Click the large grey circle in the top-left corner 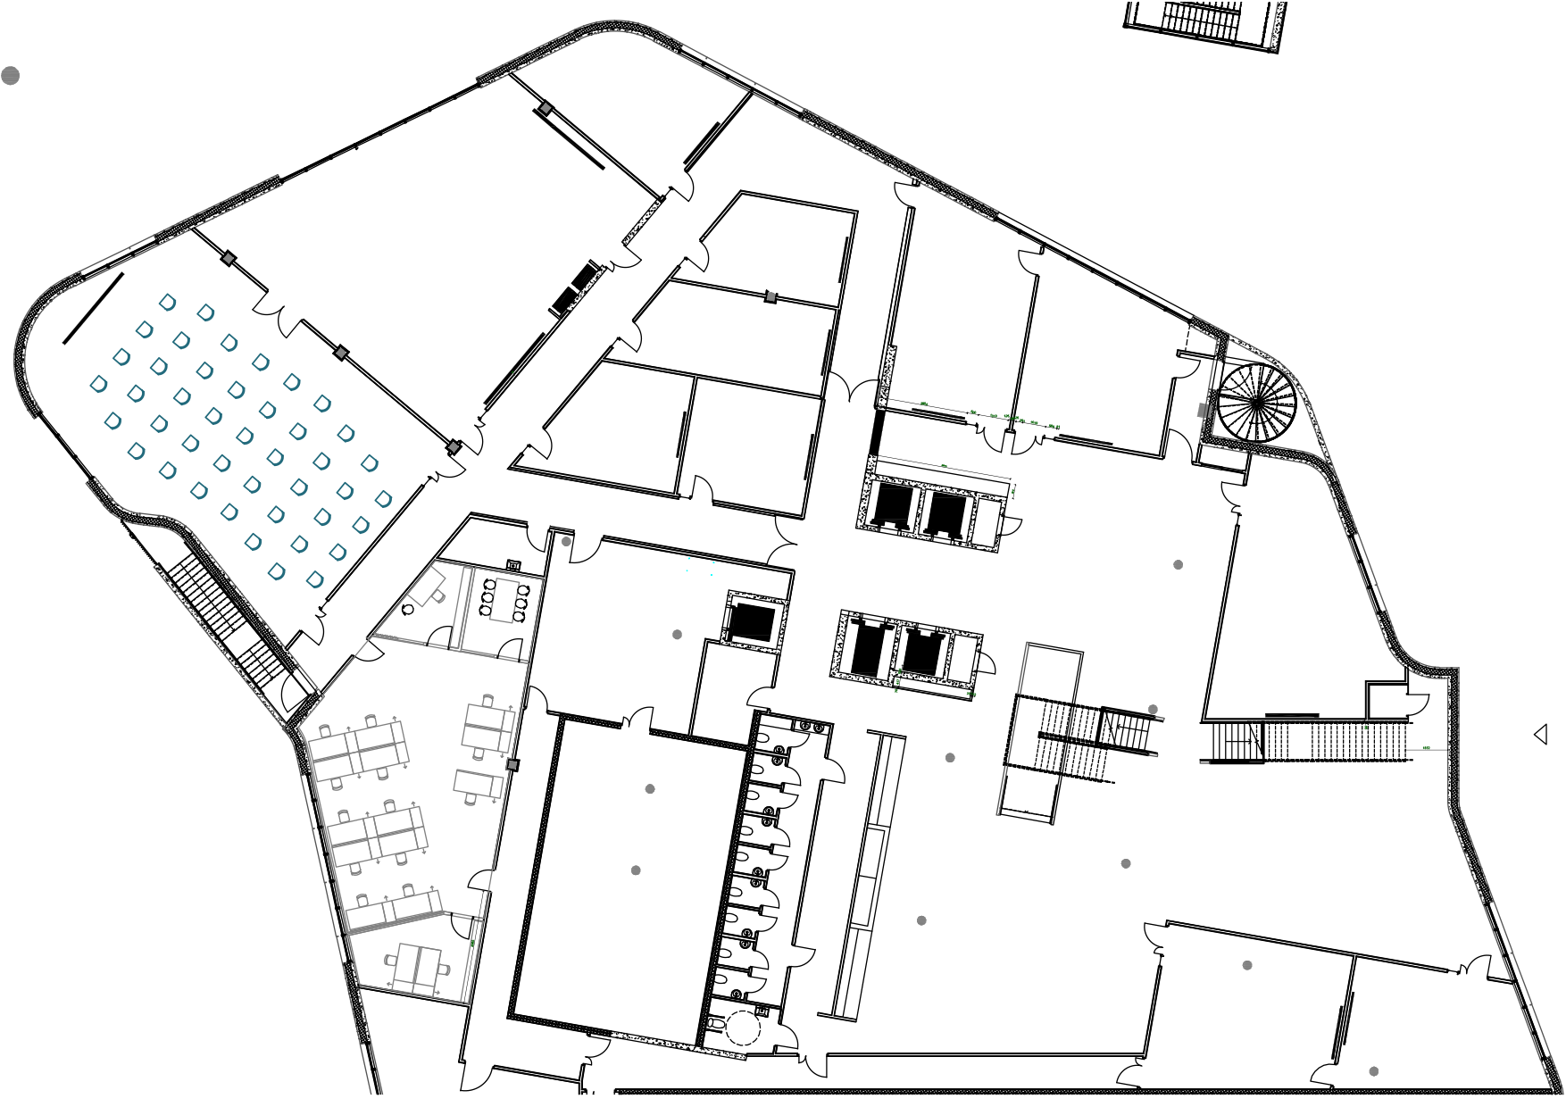(10, 76)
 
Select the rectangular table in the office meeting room (504, 601)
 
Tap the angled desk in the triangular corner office (427, 586)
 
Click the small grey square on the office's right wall (512, 765)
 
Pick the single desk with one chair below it (479, 785)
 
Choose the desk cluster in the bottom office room (418, 969)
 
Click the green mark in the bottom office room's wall (471, 942)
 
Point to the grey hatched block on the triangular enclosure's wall (1204, 410)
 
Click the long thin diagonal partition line (1013, 728)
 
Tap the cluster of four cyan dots (700, 566)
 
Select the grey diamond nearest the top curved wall (546, 108)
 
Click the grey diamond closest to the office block (454, 446)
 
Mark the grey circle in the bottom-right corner (1373, 1071)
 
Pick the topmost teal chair (168, 303)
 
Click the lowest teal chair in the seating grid (314, 580)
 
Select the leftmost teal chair (99, 385)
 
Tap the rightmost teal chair (383, 499)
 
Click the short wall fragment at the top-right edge (1278, 27)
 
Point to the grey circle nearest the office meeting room (566, 542)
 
